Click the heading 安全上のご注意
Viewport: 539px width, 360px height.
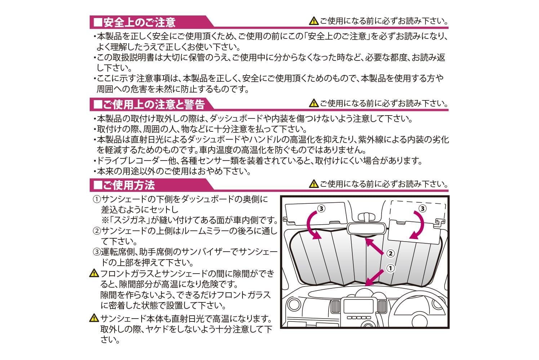point(139,22)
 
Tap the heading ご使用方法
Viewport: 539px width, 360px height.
point(129,185)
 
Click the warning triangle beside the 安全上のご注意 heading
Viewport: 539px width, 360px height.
point(314,21)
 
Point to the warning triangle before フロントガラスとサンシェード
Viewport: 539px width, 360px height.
point(94,273)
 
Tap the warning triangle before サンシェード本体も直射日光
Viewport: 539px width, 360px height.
point(94,318)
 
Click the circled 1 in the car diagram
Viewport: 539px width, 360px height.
point(391,268)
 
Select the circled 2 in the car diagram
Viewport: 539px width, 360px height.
point(391,253)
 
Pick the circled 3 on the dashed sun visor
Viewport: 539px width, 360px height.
point(422,208)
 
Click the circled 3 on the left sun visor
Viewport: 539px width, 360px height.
point(321,208)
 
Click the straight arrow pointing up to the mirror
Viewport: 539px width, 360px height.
point(374,247)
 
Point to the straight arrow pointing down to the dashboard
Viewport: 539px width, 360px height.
point(374,278)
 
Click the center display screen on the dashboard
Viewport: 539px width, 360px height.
point(358,306)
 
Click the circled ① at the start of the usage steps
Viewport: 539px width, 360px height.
point(97,199)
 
